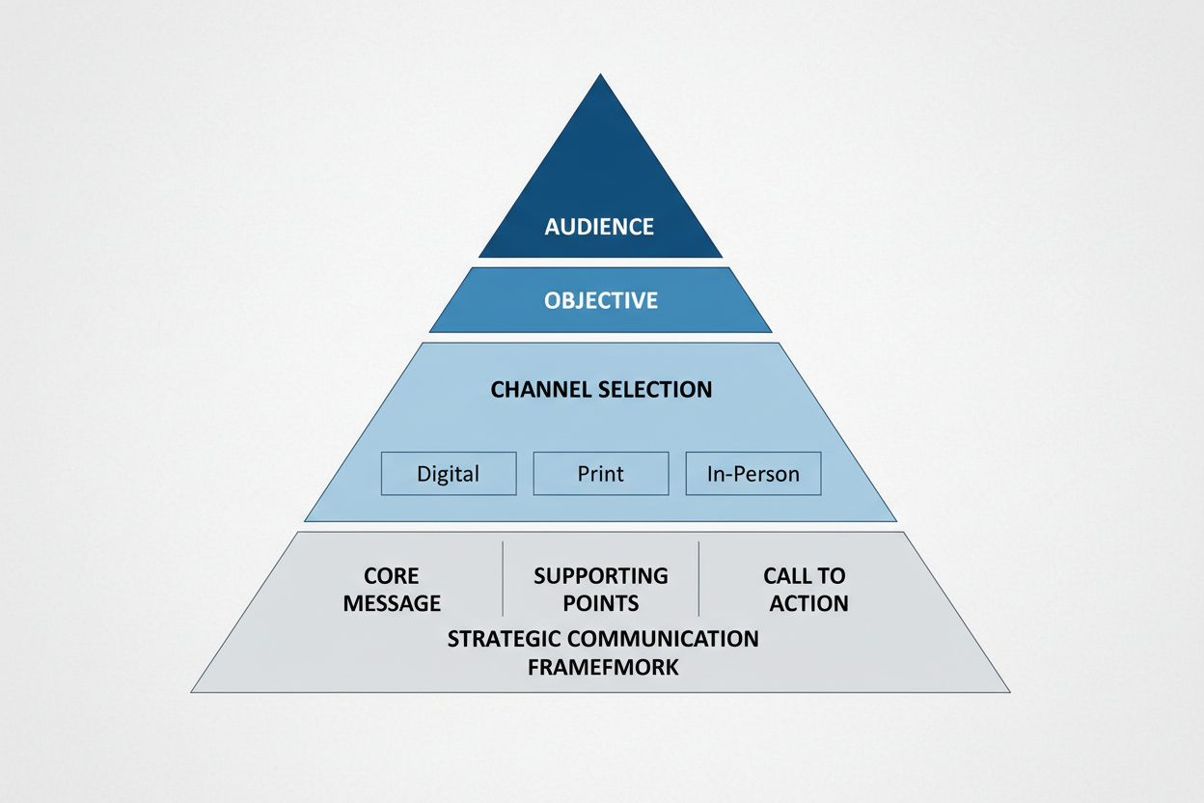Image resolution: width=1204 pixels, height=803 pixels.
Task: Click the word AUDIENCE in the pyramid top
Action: (x=599, y=227)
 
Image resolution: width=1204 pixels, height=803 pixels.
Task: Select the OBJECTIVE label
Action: (x=600, y=300)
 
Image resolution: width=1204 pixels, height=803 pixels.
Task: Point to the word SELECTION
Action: (x=657, y=390)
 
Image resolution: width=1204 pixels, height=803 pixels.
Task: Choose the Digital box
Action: (x=449, y=474)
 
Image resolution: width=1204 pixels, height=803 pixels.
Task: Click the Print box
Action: (x=600, y=474)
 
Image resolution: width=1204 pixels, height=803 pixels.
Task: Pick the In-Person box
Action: (x=752, y=474)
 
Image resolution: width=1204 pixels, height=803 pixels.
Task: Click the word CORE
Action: (x=392, y=576)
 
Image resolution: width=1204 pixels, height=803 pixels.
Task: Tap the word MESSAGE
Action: (x=392, y=604)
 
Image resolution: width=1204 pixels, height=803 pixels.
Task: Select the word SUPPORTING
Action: (x=600, y=576)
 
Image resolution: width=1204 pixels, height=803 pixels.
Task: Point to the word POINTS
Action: (x=600, y=604)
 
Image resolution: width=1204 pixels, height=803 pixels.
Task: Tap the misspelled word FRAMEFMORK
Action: (x=603, y=667)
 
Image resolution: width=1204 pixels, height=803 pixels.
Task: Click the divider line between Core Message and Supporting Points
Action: (x=503, y=578)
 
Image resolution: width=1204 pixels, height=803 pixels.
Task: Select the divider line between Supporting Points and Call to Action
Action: (x=698, y=578)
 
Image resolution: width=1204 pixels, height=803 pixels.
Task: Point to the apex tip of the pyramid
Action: (x=601, y=75)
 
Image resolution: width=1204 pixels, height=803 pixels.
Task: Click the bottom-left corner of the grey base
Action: (x=193, y=691)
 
